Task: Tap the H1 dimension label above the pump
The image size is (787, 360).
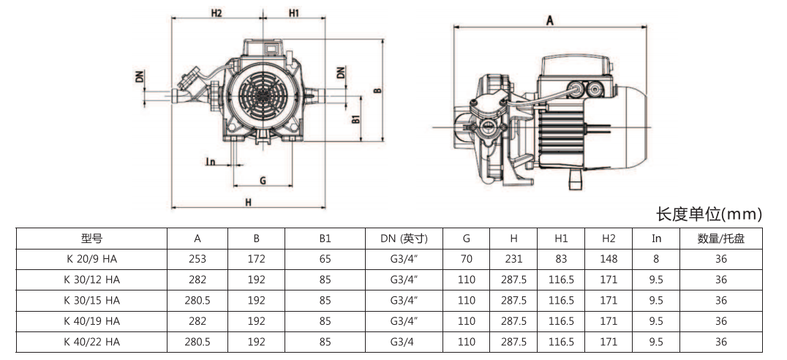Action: click(293, 13)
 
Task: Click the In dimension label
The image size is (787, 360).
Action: click(210, 161)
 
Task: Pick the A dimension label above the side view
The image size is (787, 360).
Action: click(549, 20)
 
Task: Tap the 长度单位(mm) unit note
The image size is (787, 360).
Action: click(709, 214)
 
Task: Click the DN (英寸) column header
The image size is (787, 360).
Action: click(404, 239)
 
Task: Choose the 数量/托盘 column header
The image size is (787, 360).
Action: click(721, 239)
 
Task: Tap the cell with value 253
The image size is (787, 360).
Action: click(197, 259)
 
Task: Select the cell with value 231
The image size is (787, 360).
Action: click(514, 259)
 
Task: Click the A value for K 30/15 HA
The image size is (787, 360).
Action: click(197, 300)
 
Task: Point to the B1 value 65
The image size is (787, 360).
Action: click(325, 259)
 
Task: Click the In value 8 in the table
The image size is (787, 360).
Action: click(656, 259)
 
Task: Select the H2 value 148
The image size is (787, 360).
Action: click(609, 259)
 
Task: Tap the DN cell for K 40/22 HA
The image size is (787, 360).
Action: click(404, 342)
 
